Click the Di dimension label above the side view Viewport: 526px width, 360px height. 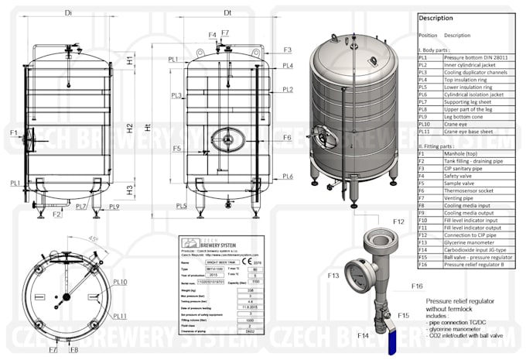(69, 13)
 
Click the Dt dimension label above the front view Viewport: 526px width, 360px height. (227, 13)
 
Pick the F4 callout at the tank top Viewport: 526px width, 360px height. (212, 35)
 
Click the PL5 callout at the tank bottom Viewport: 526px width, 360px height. (181, 206)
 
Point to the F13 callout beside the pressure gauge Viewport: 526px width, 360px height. (333, 275)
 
